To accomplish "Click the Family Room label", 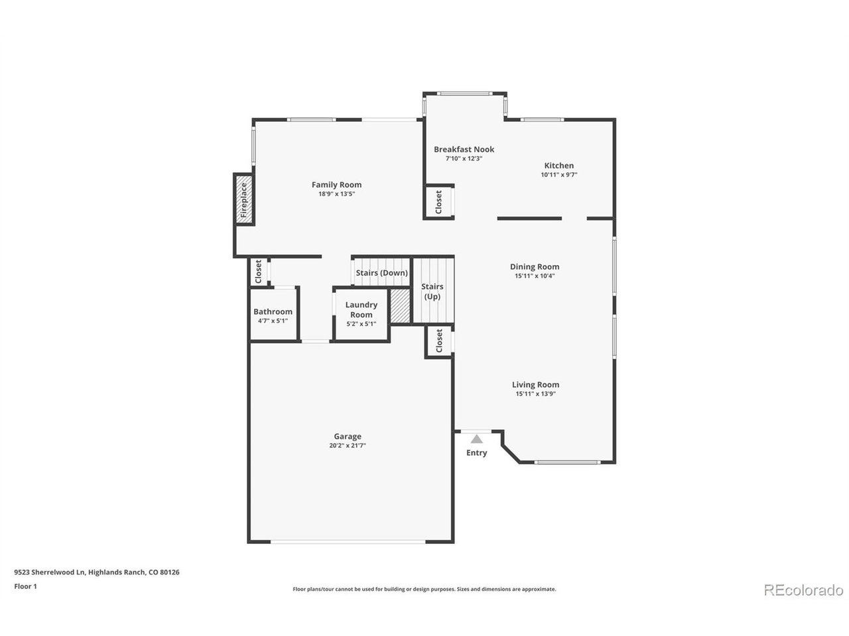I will (336, 185).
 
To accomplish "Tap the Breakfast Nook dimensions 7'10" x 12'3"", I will (464, 159).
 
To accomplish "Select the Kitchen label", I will (558, 166).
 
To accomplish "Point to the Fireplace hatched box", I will (243, 199).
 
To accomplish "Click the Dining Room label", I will (534, 267).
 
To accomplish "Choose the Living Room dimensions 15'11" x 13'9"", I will (535, 394).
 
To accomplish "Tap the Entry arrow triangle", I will (476, 439).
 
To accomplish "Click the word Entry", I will (476, 453).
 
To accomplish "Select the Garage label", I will (348, 436).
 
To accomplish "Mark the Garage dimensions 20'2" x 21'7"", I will (348, 446).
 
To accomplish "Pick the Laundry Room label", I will (361, 309).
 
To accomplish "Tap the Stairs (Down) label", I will (381, 273).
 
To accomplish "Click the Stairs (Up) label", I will (432, 291).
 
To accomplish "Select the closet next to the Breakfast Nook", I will (438, 202).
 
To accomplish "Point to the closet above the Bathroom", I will (259, 270).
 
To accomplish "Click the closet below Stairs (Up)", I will (438, 342).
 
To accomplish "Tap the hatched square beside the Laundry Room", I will (400, 305).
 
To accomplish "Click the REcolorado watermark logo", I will (803, 589).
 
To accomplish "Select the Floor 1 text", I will (26, 586).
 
